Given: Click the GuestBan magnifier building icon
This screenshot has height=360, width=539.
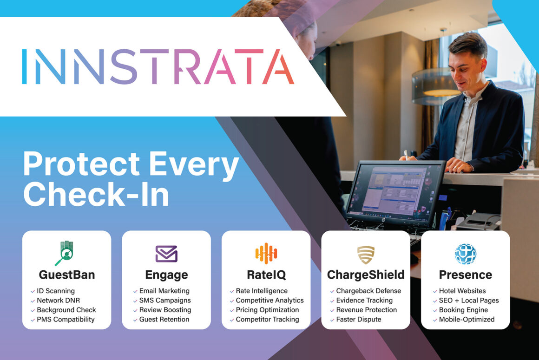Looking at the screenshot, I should pyautogui.click(x=66, y=253).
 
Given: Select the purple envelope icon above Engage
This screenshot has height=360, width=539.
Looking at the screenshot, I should pyautogui.click(x=166, y=254).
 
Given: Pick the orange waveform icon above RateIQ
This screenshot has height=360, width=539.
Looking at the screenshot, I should pyautogui.click(x=266, y=254).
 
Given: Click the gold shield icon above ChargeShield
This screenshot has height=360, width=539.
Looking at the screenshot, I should pyautogui.click(x=366, y=255).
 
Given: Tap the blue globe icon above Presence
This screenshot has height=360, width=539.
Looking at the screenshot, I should pyautogui.click(x=465, y=254).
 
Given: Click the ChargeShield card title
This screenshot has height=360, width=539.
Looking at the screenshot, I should pyautogui.click(x=366, y=275).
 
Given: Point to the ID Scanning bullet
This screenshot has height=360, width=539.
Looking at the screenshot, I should pyautogui.click(x=55, y=291).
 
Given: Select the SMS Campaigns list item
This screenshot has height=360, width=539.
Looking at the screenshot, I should pyautogui.click(x=164, y=300).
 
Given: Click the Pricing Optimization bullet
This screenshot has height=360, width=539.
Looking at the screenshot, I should pyautogui.click(x=267, y=310).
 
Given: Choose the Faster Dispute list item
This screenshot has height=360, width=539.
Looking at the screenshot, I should pyautogui.click(x=359, y=319).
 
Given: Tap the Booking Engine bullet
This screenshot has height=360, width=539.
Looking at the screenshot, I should pyautogui.click(x=463, y=310).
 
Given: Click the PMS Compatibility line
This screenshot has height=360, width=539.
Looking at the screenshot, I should pyautogui.click(x=66, y=319).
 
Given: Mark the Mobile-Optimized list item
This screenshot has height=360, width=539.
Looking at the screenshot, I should pyautogui.click(x=467, y=319).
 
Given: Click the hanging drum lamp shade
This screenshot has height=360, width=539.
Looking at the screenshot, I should pyautogui.click(x=436, y=86).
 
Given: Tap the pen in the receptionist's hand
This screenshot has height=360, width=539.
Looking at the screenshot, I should pyautogui.click(x=406, y=154).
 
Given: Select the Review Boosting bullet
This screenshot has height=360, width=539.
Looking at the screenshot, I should pyautogui.click(x=165, y=310).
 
